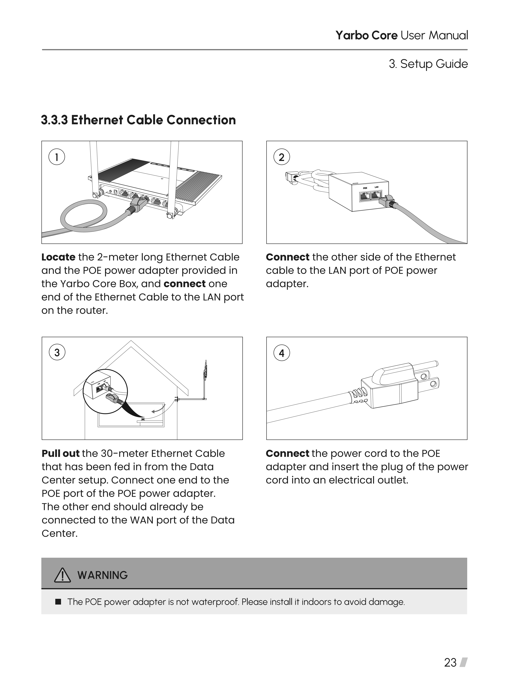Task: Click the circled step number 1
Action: click(57, 157)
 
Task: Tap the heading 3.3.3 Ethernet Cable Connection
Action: click(138, 120)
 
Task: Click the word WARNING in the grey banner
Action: click(102, 575)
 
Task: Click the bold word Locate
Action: click(58, 257)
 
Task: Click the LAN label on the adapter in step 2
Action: click(376, 187)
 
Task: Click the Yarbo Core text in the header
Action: click(366, 36)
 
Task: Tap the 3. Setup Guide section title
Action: click(428, 64)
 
